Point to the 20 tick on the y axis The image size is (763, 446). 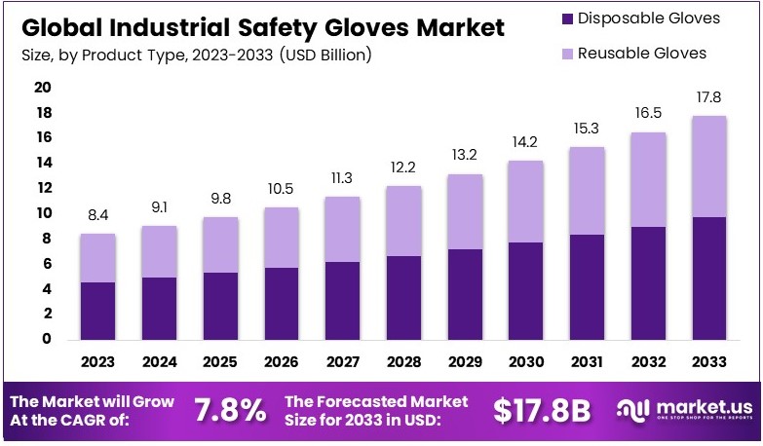click(x=42, y=88)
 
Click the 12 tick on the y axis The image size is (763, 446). click(x=42, y=188)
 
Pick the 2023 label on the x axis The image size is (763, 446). click(x=97, y=361)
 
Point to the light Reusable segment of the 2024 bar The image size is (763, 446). click(x=158, y=251)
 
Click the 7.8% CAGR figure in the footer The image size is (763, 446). click(x=230, y=410)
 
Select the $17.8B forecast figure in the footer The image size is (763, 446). click(x=542, y=410)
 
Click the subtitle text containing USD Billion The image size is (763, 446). click(x=195, y=56)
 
